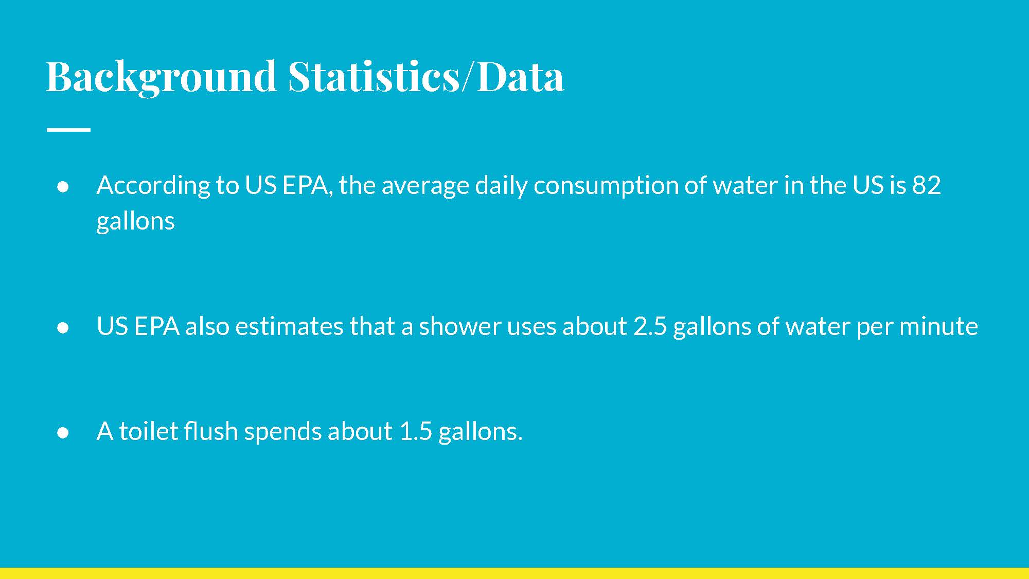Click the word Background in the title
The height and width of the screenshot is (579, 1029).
point(162,77)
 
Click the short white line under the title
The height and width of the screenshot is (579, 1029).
point(68,130)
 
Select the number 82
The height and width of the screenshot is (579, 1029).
point(926,185)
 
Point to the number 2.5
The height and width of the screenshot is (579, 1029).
point(650,326)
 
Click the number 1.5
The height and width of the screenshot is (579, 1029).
point(416,431)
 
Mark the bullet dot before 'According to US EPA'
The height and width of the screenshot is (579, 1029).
point(63,187)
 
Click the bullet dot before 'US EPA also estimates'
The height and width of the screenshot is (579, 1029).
point(63,328)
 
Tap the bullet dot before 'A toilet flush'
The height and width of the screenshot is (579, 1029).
point(63,433)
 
